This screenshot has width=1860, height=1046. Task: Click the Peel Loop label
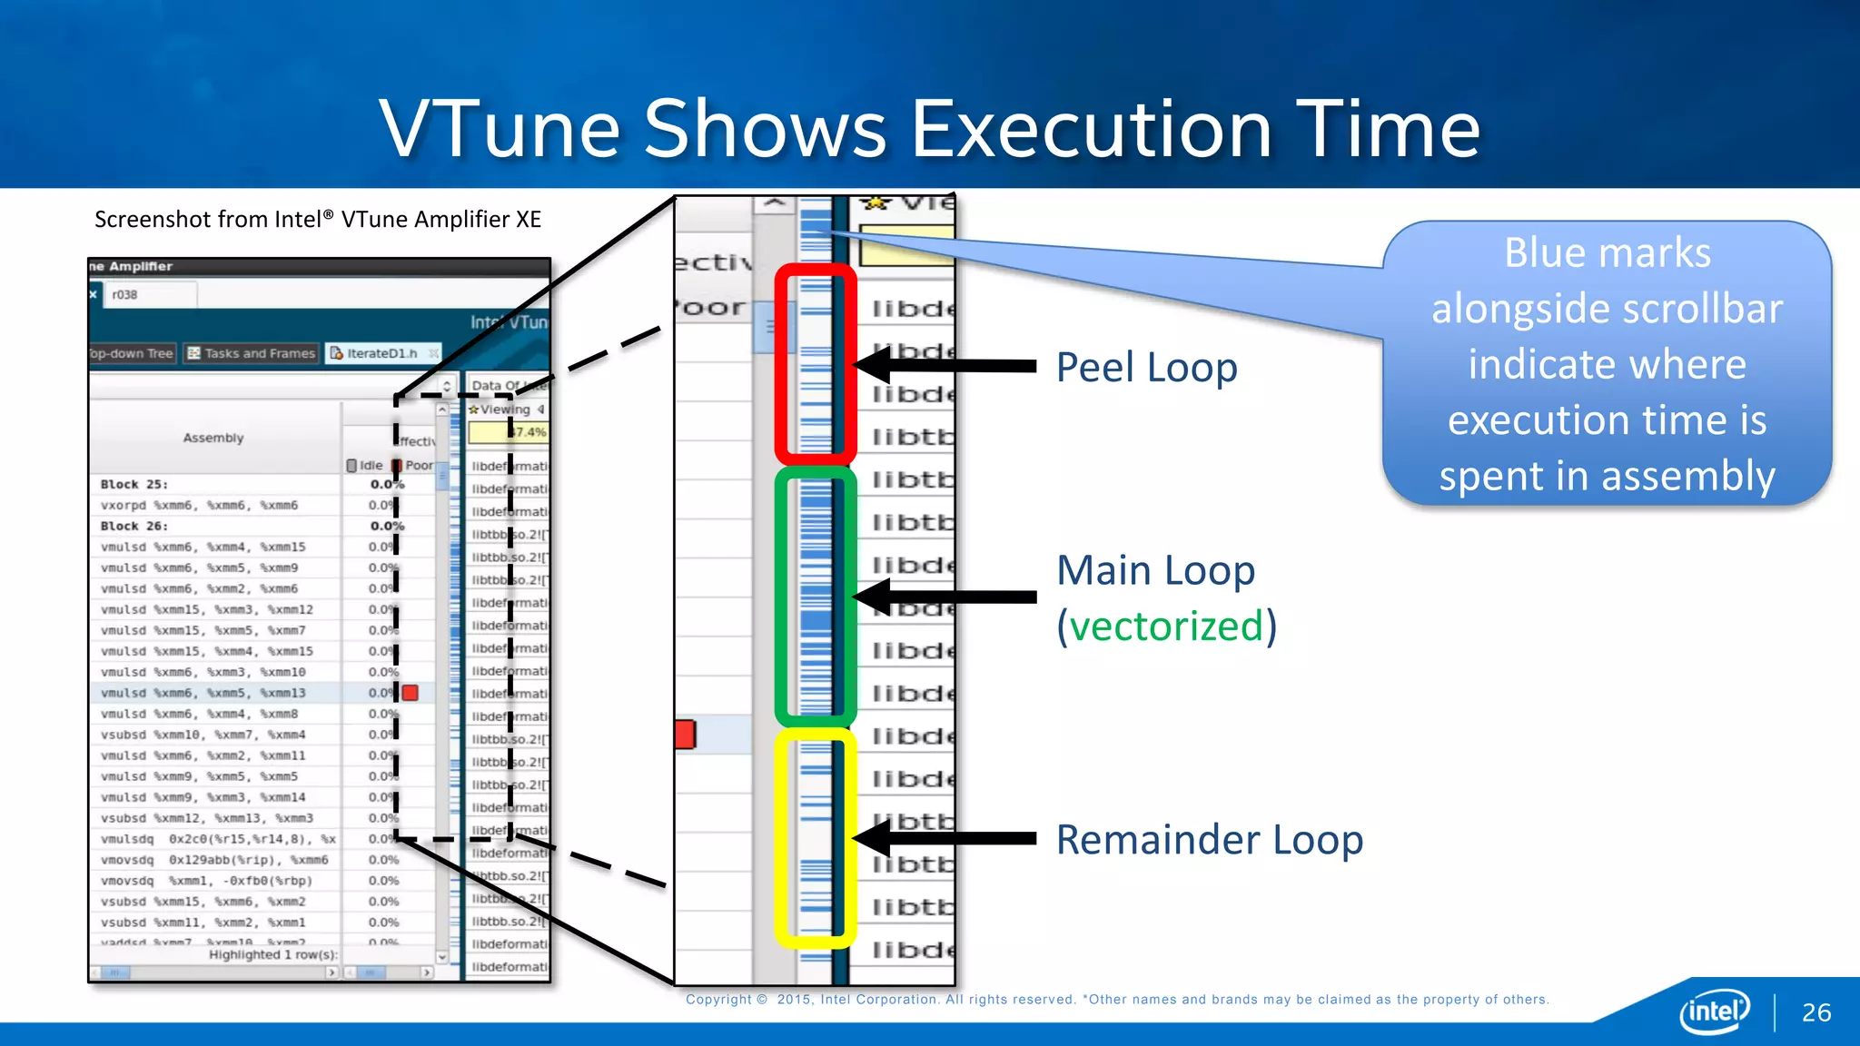pyautogui.click(x=1146, y=368)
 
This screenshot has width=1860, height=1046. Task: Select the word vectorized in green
pyautogui.click(x=1166, y=627)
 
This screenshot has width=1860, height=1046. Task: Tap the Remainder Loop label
pyautogui.click(x=1209, y=840)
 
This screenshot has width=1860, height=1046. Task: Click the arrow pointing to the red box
pyautogui.click(x=945, y=366)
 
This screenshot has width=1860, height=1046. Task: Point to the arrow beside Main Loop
pyautogui.click(x=945, y=597)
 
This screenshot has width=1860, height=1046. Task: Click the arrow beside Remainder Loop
pyautogui.click(x=945, y=838)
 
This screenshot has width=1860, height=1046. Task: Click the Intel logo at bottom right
pyautogui.click(x=1713, y=1011)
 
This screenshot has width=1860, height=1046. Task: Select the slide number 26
pyautogui.click(x=1815, y=1012)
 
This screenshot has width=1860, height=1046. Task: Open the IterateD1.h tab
pyautogui.click(x=381, y=353)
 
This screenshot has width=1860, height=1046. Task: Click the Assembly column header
pyautogui.click(x=213, y=438)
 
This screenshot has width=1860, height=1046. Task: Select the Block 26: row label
pyautogui.click(x=134, y=526)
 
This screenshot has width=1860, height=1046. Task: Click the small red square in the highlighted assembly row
pyautogui.click(x=411, y=693)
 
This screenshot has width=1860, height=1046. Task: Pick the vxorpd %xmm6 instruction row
pyautogui.click(x=199, y=505)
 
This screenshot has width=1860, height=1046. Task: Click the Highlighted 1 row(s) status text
pyautogui.click(x=272, y=954)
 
